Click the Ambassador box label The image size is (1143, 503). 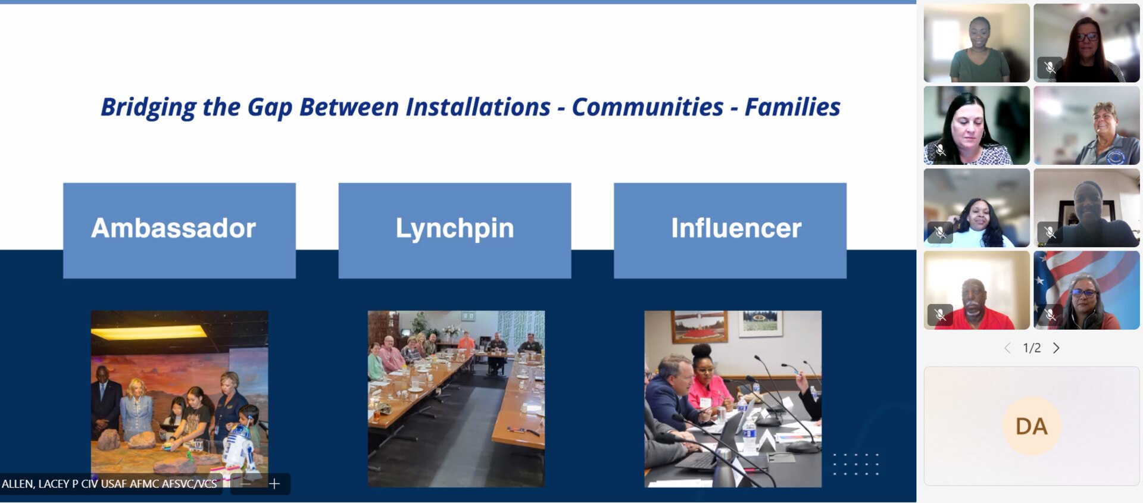pyautogui.click(x=173, y=228)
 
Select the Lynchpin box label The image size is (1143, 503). pyautogui.click(x=455, y=229)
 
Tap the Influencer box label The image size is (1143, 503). pyautogui.click(x=736, y=228)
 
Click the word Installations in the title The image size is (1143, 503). pyautogui.click(x=478, y=107)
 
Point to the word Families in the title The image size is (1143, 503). pyautogui.click(x=792, y=107)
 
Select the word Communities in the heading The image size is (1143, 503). pyautogui.click(x=648, y=107)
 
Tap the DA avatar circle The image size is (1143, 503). pyautogui.click(x=1032, y=426)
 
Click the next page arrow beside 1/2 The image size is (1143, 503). pyautogui.click(x=1056, y=348)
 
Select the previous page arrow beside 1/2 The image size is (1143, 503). pyautogui.click(x=1007, y=348)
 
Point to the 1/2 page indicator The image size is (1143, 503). pyautogui.click(x=1032, y=348)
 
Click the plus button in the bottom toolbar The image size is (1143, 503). pyautogui.click(x=274, y=484)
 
